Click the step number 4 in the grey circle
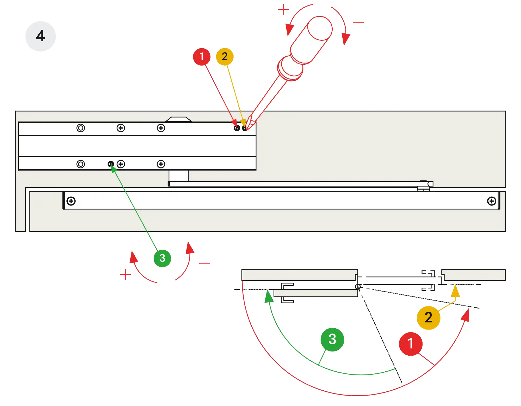coord(40,36)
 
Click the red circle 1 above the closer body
coord(201,57)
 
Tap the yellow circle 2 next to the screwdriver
coord(225,57)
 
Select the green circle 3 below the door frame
coord(162,258)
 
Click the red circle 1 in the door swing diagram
coord(410,344)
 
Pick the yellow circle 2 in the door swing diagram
coord(428,318)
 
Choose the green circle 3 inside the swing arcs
coord(332,339)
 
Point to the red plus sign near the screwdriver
coord(283,10)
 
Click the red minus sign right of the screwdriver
coord(358,22)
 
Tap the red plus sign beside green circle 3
coord(125,275)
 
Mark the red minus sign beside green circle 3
coord(204,263)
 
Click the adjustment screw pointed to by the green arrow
coord(111,164)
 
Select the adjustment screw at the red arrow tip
coord(237,128)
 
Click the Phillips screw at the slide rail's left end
coord(71,201)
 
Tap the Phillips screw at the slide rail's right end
coord(492,201)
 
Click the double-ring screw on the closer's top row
coord(80,128)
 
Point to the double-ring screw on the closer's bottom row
coord(80,164)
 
